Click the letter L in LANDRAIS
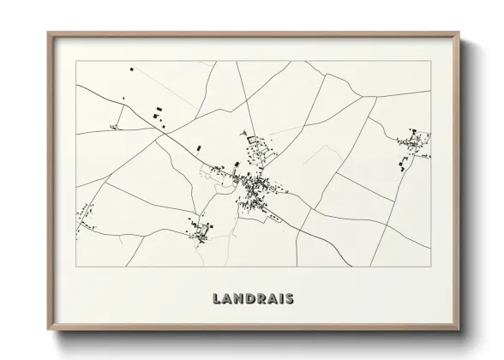click(x=215, y=299)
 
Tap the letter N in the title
click(x=238, y=299)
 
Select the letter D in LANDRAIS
click(x=250, y=299)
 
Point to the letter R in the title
click(x=262, y=299)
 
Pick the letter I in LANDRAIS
click(x=283, y=299)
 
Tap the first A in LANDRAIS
click(x=226, y=299)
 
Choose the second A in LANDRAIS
click(x=273, y=299)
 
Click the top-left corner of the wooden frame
click(x=48, y=33)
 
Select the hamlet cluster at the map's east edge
click(x=413, y=146)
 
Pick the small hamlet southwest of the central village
click(x=202, y=230)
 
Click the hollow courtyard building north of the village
click(x=251, y=139)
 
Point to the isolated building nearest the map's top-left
click(x=130, y=68)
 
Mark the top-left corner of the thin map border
click(x=76, y=61)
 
